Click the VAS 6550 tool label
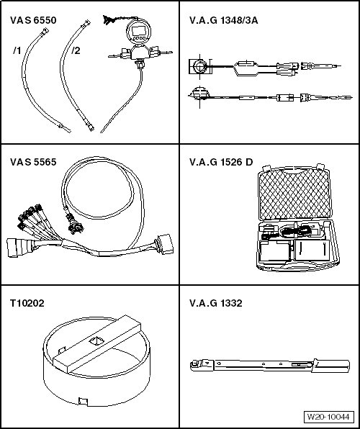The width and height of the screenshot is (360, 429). pos(33,21)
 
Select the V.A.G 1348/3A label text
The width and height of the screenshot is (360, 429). pos(223,21)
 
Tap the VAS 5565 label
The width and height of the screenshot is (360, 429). pos(33,162)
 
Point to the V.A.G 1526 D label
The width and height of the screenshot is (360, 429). pos(221,162)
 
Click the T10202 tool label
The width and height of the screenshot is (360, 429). pos(27,304)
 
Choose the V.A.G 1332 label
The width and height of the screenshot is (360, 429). pos(216,304)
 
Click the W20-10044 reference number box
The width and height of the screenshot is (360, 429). pos(328,417)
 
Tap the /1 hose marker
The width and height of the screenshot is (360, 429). pos(17,50)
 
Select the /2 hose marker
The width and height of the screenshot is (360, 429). pos(76,50)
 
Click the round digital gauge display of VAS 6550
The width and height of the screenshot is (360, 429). pos(138,32)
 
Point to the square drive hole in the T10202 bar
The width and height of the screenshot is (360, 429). pos(96,341)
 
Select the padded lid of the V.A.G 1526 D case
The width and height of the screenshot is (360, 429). pos(294,194)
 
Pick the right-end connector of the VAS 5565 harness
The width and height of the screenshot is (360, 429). pos(164,244)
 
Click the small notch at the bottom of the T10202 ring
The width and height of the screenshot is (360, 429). pos(83,402)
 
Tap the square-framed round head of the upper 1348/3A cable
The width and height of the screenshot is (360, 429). pos(200,66)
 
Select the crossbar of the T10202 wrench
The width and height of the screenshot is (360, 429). pos(96,343)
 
